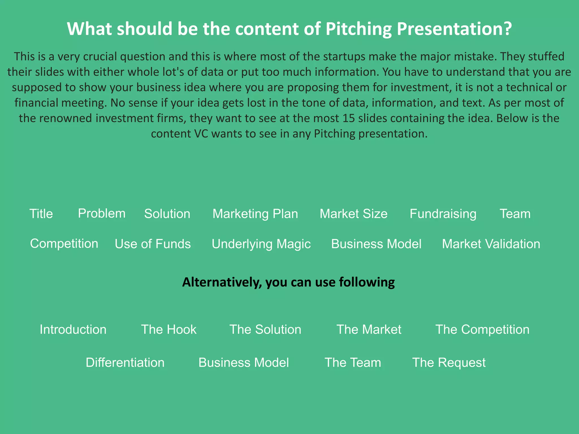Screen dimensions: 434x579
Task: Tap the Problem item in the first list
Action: pyautogui.click(x=101, y=213)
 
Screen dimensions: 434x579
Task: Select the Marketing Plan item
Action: pyautogui.click(x=255, y=214)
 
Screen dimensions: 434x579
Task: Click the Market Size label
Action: pyautogui.click(x=353, y=214)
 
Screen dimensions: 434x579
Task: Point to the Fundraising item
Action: pyautogui.click(x=443, y=214)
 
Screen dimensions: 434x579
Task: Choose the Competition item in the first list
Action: pyautogui.click(x=64, y=244)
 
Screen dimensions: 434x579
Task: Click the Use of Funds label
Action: pyautogui.click(x=153, y=244)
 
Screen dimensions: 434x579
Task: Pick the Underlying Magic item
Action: pyautogui.click(x=261, y=244)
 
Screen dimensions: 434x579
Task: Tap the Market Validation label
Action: pyautogui.click(x=491, y=244)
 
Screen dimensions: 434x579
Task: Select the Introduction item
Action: pyautogui.click(x=73, y=329)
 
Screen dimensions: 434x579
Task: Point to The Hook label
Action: pyautogui.click(x=168, y=329)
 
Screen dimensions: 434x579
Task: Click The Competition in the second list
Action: pyautogui.click(x=482, y=329)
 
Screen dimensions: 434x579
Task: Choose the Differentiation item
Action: pyautogui.click(x=125, y=363)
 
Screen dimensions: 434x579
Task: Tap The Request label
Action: pyautogui.click(x=449, y=363)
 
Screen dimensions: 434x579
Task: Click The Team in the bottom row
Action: pyautogui.click(x=353, y=363)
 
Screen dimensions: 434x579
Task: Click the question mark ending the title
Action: pyautogui.click(x=507, y=29)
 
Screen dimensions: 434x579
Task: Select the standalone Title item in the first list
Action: pyautogui.click(x=41, y=214)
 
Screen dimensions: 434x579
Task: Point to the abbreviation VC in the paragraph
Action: pyautogui.click(x=201, y=134)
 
